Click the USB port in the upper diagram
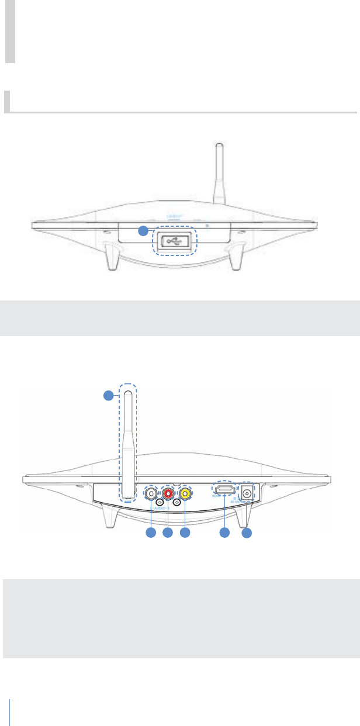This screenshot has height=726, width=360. point(173,241)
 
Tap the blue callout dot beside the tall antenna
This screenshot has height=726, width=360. point(108,396)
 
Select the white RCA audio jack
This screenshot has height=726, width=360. point(153,493)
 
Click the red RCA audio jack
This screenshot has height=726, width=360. point(169,493)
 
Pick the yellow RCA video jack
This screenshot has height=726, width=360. point(185,493)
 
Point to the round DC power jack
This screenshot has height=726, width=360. point(248,493)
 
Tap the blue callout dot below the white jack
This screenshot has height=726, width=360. point(151,533)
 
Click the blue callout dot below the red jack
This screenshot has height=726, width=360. point(168,533)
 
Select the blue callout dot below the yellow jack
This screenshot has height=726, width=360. point(185,533)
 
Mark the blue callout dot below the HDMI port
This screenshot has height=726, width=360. point(224,533)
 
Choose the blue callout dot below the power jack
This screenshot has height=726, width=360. point(247,533)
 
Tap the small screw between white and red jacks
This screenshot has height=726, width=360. point(160,502)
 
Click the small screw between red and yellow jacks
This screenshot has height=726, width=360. point(176,502)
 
